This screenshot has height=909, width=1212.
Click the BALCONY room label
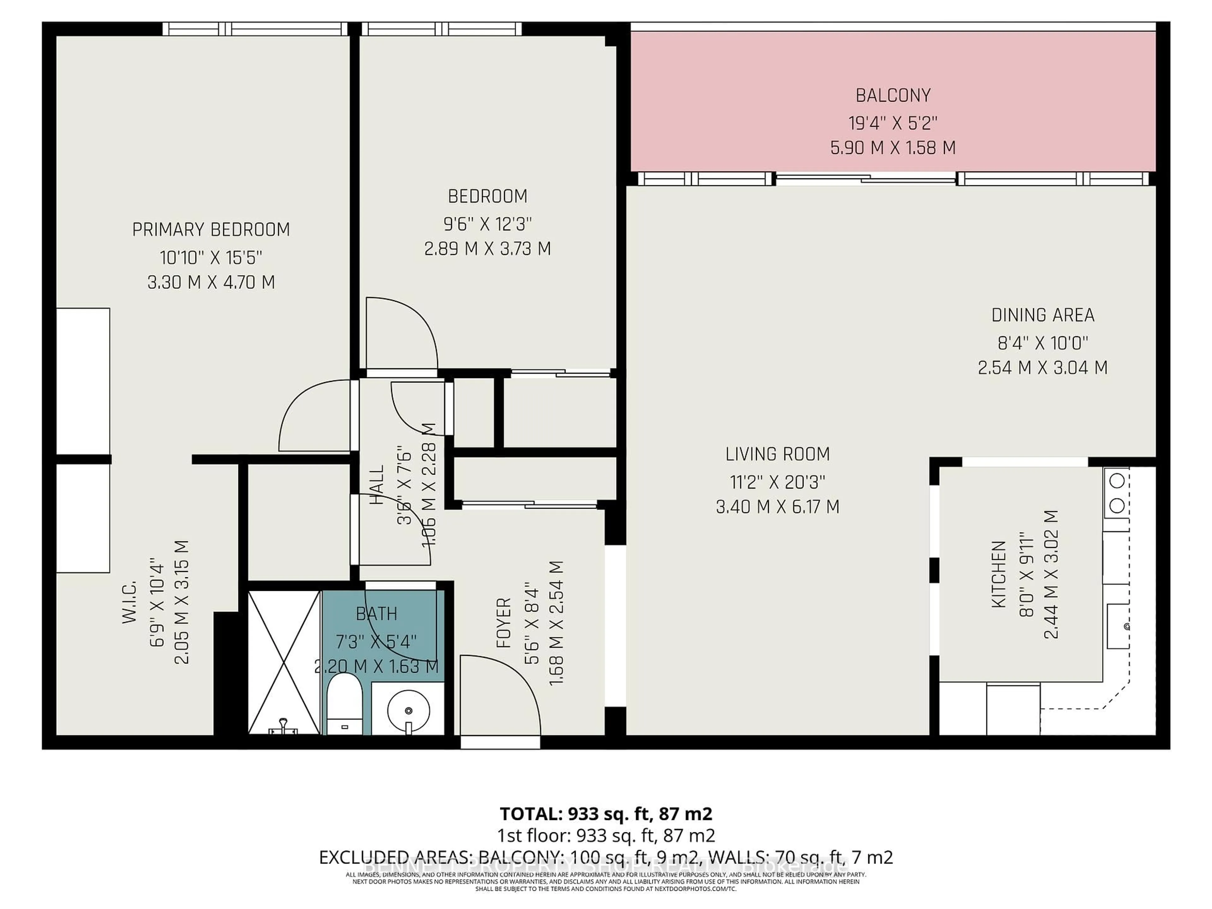(893, 96)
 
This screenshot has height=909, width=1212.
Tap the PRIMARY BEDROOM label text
(211, 229)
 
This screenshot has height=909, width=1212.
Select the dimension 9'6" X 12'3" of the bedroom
(487, 223)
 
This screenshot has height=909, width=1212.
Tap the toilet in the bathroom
(344, 704)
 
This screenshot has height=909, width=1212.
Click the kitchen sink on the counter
(1118, 625)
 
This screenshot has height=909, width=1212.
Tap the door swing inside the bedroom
(401, 333)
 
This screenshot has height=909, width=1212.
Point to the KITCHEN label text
(999, 574)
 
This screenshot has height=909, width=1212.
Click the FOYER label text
(503, 623)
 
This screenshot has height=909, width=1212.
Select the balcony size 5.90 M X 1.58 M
(893, 148)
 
